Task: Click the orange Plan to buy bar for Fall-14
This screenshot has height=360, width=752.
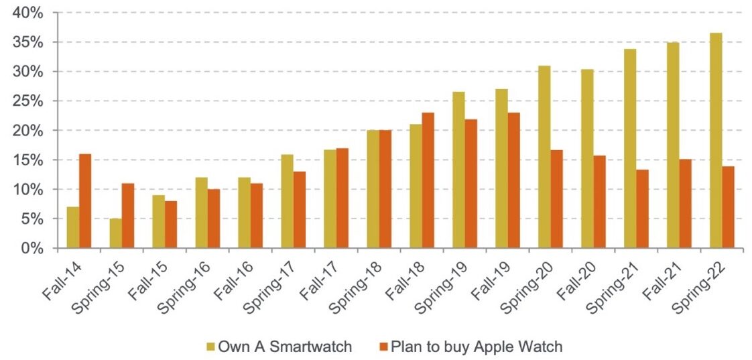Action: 85,201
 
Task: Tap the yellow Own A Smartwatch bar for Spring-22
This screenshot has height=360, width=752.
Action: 716,141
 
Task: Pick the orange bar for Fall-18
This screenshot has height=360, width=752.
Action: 428,180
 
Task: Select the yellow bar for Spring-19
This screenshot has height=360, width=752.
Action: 458,170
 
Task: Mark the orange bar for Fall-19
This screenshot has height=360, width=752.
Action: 514,180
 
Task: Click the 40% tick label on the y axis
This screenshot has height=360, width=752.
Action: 29,13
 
